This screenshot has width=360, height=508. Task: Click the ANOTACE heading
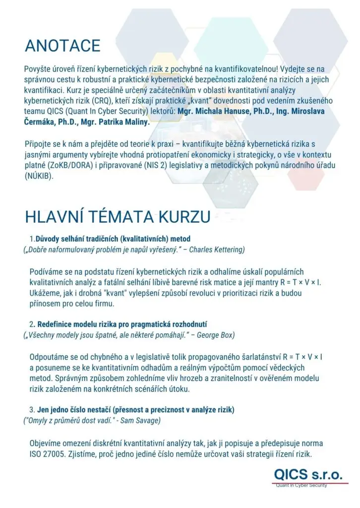(x=62, y=46)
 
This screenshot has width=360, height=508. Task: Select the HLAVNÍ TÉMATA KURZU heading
(x=118, y=218)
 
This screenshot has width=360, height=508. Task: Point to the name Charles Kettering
(x=217, y=249)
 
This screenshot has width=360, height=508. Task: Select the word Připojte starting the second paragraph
(x=40, y=144)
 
